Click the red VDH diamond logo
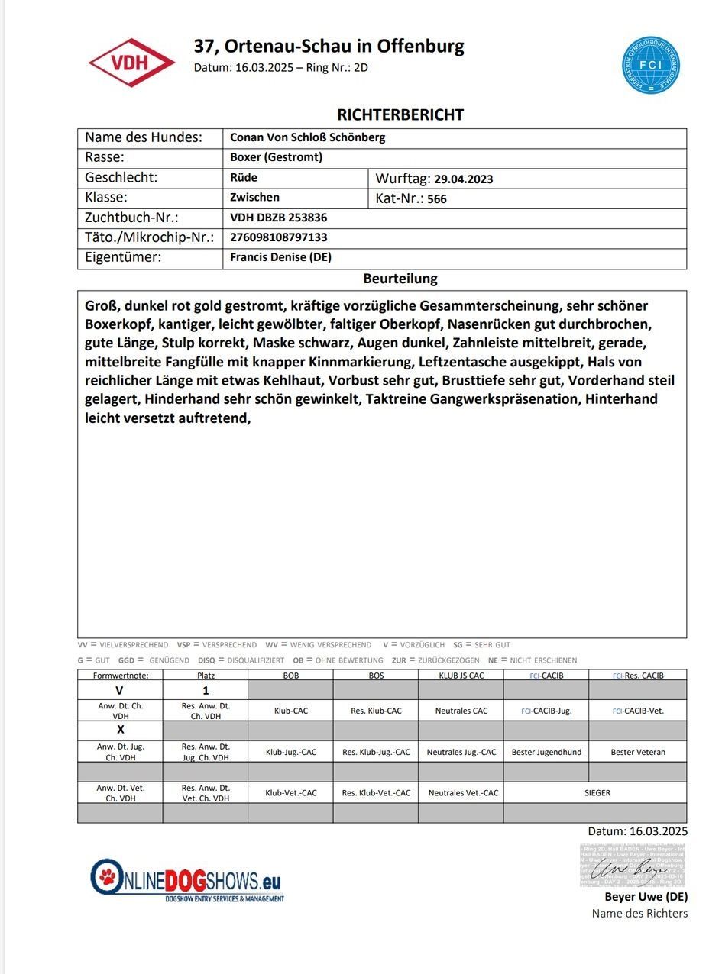pyautogui.click(x=131, y=63)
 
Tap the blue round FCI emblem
pyautogui.click(x=650, y=65)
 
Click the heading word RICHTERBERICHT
pyautogui.click(x=400, y=115)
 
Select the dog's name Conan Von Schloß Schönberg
pyautogui.click(x=307, y=138)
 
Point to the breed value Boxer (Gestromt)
pyautogui.click(x=276, y=158)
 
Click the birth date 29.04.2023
pyautogui.click(x=463, y=179)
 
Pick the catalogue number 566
pyautogui.click(x=437, y=199)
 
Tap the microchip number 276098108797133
pyautogui.click(x=279, y=237)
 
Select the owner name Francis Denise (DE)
pyautogui.click(x=280, y=257)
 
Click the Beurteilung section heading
pyautogui.click(x=400, y=279)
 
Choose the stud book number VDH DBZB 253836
pyautogui.click(x=278, y=218)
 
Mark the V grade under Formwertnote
pyautogui.click(x=119, y=690)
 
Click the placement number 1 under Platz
pyautogui.click(x=205, y=690)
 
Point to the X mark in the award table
pyautogui.click(x=120, y=730)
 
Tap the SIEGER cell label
pyautogui.click(x=597, y=793)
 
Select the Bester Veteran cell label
pyautogui.click(x=637, y=752)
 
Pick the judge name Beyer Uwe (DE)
pyautogui.click(x=646, y=897)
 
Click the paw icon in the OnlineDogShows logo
pyautogui.click(x=108, y=878)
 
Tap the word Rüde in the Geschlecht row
pyautogui.click(x=244, y=178)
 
